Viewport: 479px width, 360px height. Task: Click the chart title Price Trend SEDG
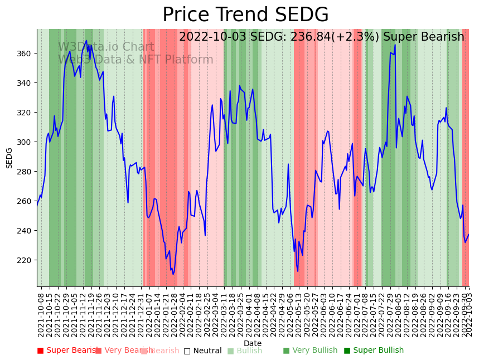[x=245, y=15]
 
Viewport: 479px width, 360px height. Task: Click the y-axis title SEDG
[x=9, y=158]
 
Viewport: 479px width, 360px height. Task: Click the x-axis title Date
[x=253, y=344]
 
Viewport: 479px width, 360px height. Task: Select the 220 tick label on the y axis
[x=26, y=260]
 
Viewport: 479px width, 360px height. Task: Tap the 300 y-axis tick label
[x=26, y=142]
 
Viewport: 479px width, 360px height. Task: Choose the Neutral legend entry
[x=203, y=351]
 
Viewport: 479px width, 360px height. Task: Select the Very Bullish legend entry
[x=310, y=351]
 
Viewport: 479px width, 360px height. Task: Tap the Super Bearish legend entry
[x=68, y=351]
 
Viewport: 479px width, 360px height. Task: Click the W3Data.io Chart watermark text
[x=106, y=47]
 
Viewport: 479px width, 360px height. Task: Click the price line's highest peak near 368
[x=86, y=40]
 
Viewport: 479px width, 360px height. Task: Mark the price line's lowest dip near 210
[x=173, y=274]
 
